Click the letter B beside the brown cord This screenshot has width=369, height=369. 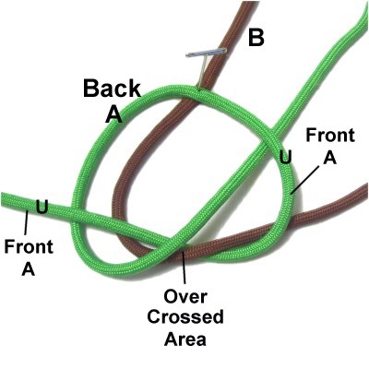(256, 38)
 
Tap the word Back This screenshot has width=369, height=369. (112, 89)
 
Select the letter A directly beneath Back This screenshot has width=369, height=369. (113, 114)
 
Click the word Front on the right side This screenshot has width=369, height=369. (330, 136)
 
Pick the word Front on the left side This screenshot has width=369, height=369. (29, 246)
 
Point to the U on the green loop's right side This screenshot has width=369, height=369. (285, 157)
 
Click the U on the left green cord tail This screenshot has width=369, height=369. (42, 207)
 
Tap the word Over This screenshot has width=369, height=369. (185, 297)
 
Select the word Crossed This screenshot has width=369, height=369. (185, 317)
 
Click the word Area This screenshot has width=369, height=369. (185, 339)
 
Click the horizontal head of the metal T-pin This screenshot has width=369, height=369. (206, 53)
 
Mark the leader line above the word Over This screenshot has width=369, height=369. (184, 267)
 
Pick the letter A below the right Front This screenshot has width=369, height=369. (330, 158)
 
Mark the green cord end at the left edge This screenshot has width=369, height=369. (3, 199)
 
